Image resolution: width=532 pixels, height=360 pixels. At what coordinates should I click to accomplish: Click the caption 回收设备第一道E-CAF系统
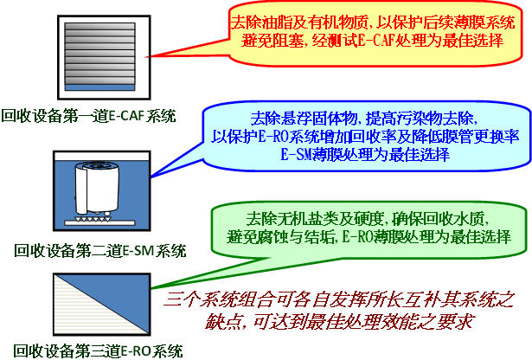(x=89, y=116)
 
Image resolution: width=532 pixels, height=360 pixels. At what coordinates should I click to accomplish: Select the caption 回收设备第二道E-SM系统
(x=100, y=251)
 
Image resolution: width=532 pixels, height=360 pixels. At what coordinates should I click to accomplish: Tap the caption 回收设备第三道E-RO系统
(x=99, y=350)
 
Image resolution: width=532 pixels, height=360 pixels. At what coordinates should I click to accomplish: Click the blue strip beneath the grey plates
(x=99, y=87)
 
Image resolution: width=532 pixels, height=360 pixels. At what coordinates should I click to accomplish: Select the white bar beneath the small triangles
(x=99, y=223)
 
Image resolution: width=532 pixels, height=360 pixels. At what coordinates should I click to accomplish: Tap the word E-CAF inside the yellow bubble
(x=375, y=41)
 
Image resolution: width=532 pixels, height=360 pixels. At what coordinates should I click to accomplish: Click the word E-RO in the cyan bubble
(x=273, y=137)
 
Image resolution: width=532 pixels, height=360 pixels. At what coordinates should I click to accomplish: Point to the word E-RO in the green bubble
(x=357, y=236)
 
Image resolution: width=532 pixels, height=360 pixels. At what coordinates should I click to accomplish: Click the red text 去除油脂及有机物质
(x=299, y=22)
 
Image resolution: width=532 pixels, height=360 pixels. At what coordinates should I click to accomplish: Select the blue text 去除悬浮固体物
(x=304, y=118)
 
